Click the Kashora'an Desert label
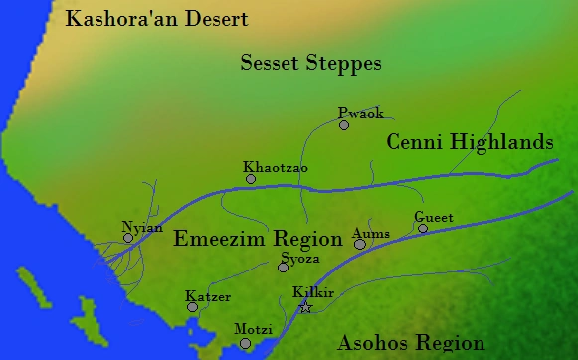(155, 19)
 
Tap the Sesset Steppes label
(311, 64)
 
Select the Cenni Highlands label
(470, 142)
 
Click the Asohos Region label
(412, 344)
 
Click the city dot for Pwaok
(344, 125)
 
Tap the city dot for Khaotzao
(251, 179)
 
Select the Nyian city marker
(128, 238)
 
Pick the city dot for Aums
(360, 244)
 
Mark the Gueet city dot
(423, 229)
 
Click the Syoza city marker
(284, 267)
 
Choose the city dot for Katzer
(193, 307)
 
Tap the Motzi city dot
(246, 344)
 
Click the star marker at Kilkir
(305, 308)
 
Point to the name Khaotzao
(276, 167)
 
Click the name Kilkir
(312, 292)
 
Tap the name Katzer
(208, 296)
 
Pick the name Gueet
(434, 217)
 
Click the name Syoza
(300, 257)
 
